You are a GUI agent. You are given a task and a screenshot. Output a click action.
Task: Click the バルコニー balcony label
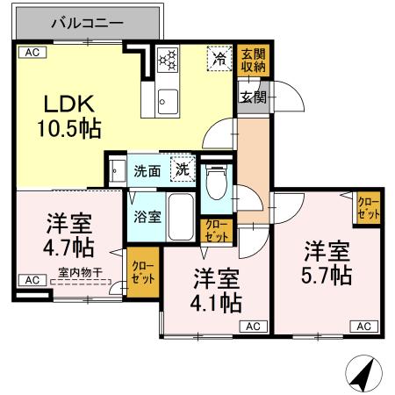(x=86, y=24)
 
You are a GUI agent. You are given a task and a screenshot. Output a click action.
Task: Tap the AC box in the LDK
(x=32, y=53)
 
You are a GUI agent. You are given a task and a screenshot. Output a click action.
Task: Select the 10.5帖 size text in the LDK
(x=68, y=129)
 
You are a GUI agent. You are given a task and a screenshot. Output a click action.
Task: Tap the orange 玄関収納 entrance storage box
(x=252, y=59)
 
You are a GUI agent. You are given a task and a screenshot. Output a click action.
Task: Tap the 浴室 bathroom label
(x=147, y=216)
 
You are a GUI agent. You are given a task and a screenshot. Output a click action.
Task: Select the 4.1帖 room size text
(x=218, y=303)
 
